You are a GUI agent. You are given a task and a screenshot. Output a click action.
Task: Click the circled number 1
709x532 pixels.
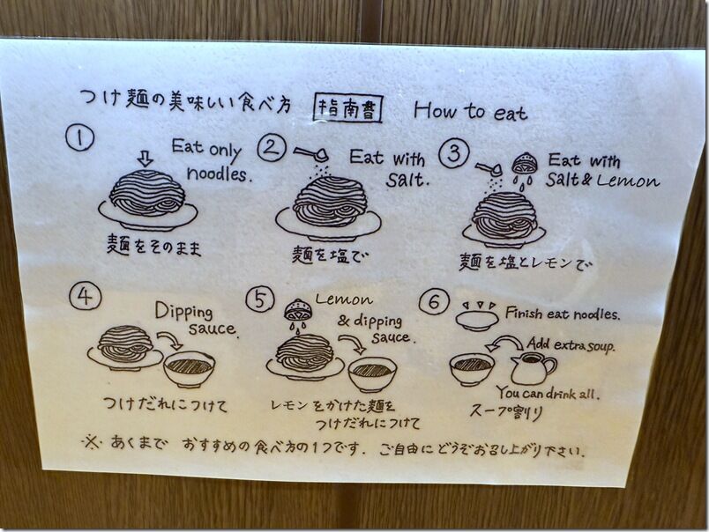[80, 137]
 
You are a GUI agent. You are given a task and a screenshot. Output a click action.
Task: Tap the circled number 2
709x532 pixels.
[272, 147]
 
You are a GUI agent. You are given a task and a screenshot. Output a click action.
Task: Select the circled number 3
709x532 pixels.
[454, 153]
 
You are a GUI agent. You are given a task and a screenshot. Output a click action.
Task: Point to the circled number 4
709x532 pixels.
[85, 296]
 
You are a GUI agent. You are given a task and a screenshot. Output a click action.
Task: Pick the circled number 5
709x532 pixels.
[260, 299]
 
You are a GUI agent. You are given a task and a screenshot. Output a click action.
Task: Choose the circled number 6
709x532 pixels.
[434, 302]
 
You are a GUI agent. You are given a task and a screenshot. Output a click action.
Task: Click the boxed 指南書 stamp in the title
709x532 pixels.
[348, 109]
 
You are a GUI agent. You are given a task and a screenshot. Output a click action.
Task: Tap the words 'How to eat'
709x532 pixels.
[470, 111]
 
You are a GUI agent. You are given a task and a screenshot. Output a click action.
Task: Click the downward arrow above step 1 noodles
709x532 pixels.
[146, 159]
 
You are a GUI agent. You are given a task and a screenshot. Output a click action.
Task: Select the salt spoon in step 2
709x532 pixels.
[311, 154]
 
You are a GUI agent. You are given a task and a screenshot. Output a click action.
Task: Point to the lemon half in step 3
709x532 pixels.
[525, 164]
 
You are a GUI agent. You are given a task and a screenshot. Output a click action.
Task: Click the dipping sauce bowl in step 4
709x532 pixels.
[189, 368]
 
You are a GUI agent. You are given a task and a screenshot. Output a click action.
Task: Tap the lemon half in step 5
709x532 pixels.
[295, 310]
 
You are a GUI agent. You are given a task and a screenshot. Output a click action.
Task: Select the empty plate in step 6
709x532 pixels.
[476, 321]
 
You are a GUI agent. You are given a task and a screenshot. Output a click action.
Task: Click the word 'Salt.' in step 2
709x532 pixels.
[407, 180]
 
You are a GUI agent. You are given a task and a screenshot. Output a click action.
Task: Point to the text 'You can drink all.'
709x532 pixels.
[549, 393]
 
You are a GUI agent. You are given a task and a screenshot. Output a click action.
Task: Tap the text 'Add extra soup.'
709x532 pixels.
[571, 344]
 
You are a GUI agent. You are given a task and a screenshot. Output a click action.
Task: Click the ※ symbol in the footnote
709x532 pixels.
[92, 441]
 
